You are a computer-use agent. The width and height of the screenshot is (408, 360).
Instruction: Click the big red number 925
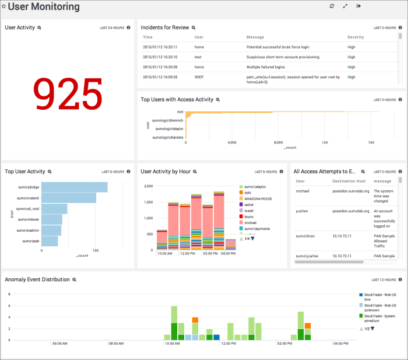(x=68, y=95)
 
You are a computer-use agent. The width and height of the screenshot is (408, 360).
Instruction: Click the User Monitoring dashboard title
(x=44, y=7)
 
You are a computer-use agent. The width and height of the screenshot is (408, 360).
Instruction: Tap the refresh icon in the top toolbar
(x=332, y=6)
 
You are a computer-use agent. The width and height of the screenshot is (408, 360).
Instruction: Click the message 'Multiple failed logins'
(x=269, y=67)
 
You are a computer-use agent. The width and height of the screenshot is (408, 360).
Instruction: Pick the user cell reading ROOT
(x=199, y=76)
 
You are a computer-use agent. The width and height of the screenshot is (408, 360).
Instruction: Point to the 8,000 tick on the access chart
(x=279, y=142)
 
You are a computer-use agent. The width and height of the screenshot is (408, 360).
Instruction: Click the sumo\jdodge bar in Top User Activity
(x=75, y=187)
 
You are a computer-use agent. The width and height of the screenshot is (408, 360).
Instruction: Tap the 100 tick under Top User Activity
(x=95, y=250)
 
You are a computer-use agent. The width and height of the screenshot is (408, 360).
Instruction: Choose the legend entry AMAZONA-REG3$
(x=257, y=198)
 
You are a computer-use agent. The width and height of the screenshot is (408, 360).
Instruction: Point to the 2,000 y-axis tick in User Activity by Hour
(x=147, y=186)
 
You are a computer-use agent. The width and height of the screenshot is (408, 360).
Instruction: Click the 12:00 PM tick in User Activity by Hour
(x=187, y=254)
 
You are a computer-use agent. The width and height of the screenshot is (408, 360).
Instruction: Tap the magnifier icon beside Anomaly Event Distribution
(x=74, y=280)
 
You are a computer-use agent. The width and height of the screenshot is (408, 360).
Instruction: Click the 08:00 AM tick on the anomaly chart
(x=117, y=344)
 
